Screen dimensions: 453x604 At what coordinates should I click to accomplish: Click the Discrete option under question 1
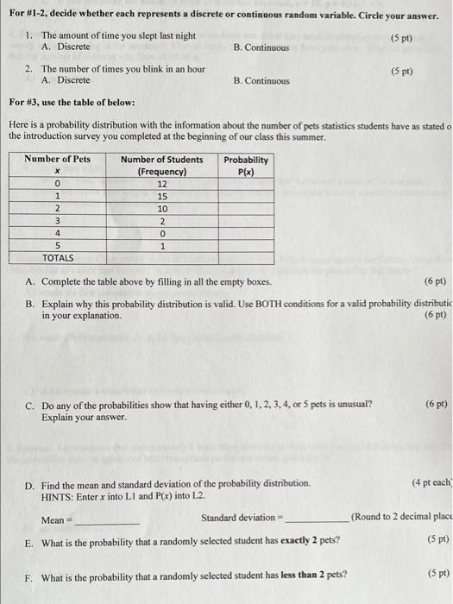(72, 47)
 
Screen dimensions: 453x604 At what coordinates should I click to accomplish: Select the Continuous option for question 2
(261, 80)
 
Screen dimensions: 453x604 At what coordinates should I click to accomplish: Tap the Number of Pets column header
(57, 160)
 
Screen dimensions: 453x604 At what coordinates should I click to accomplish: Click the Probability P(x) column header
(246, 165)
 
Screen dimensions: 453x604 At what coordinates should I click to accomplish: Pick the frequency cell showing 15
(161, 196)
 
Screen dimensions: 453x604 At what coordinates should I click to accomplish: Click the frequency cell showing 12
(161, 184)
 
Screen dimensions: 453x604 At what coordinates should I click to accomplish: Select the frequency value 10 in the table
(161, 209)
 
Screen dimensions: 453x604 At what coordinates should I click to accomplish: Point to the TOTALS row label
(58, 258)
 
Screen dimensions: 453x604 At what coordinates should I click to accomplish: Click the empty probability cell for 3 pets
(246, 221)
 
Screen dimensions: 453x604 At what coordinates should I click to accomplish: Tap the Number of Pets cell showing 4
(57, 233)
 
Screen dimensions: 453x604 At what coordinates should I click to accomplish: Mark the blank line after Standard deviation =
(317, 519)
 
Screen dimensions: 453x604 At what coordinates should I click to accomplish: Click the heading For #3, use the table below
(72, 103)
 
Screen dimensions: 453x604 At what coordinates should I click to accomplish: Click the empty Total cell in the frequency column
(161, 258)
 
